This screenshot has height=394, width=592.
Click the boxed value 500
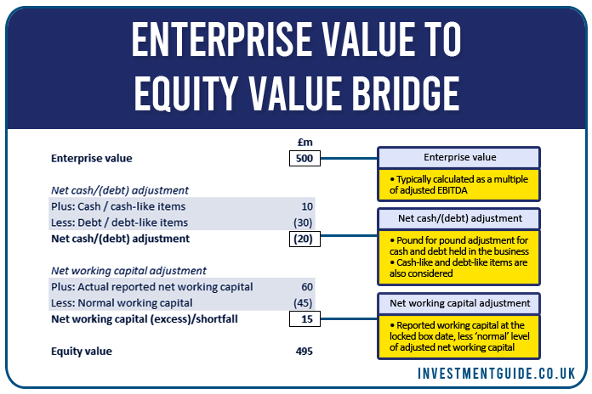(305, 158)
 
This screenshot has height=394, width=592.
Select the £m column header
(305, 142)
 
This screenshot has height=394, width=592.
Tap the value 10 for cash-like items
(307, 206)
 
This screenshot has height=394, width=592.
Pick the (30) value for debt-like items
(303, 222)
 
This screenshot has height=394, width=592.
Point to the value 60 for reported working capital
(307, 287)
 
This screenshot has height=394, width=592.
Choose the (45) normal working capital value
(303, 303)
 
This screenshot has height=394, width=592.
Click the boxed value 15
(305, 319)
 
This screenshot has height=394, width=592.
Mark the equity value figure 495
(305, 352)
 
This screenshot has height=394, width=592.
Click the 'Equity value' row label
(82, 352)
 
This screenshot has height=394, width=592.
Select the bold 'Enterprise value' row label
(92, 158)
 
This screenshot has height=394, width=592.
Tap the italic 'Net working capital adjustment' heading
(128, 271)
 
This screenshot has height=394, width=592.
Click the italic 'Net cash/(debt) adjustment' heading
(120, 190)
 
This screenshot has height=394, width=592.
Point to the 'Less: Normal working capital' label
(122, 303)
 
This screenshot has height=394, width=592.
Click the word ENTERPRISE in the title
(223, 39)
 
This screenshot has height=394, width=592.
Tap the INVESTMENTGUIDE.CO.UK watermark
(496, 374)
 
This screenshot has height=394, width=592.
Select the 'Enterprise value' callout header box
(459, 158)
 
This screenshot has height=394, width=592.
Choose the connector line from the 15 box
(349, 319)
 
